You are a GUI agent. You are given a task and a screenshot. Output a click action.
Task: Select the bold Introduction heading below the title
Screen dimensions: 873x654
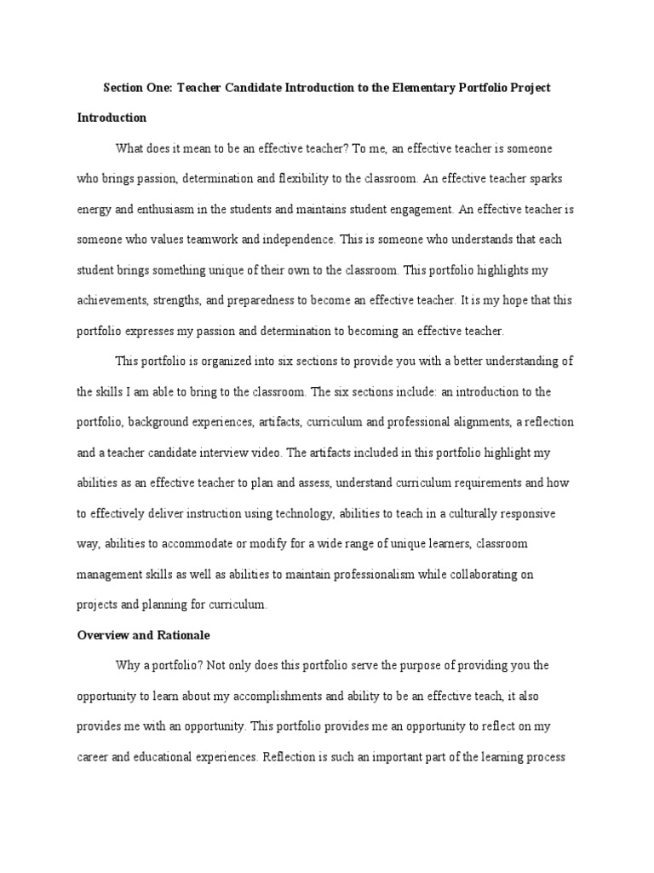pos(112,118)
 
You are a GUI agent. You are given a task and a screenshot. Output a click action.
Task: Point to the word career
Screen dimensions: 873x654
pos(93,756)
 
